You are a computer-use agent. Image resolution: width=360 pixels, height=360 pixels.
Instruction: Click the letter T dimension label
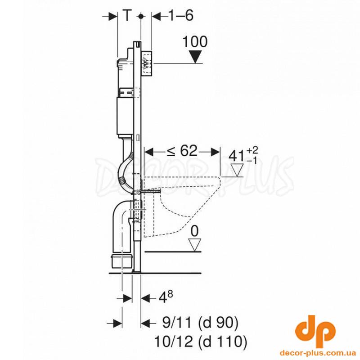click(x=127, y=16)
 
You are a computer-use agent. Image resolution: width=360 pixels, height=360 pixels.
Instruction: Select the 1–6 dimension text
click(x=181, y=16)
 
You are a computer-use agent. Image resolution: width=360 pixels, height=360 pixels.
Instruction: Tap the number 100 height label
click(x=195, y=42)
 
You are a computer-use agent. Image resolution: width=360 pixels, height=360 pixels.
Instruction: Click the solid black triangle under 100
click(x=195, y=57)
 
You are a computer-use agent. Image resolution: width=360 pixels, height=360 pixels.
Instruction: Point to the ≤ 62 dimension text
click(x=182, y=151)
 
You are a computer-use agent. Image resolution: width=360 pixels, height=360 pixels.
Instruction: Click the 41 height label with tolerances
click(x=243, y=155)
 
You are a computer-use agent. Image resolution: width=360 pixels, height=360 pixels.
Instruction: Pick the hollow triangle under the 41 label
click(x=237, y=170)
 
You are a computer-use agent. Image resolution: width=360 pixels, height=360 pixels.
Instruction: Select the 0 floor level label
click(x=194, y=231)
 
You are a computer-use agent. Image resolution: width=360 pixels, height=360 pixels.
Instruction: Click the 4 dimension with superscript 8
click(x=166, y=297)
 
